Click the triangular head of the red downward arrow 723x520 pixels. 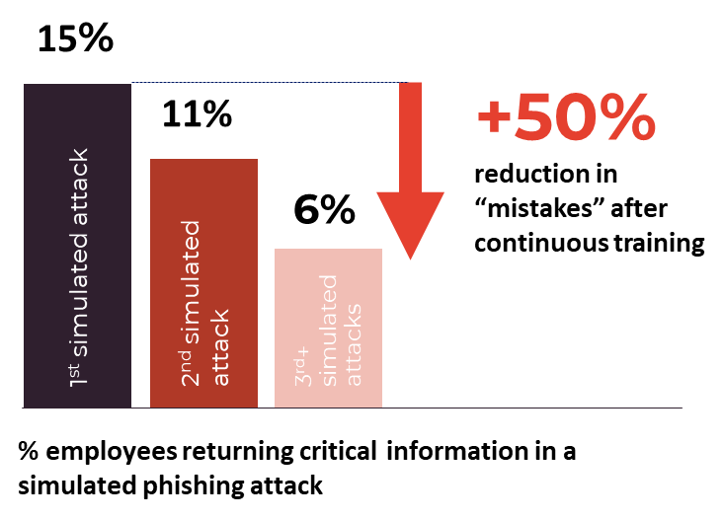pyautogui.click(x=410, y=222)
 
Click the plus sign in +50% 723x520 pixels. pyautogui.click(x=494, y=118)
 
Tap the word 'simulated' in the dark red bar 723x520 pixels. pyautogui.click(x=192, y=281)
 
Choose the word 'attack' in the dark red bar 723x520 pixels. pyautogui.click(x=220, y=348)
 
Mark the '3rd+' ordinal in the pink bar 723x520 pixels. pyautogui.click(x=304, y=365)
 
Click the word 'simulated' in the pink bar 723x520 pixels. pyautogui.click(x=330, y=330)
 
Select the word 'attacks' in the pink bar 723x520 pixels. pyautogui.click(x=355, y=345)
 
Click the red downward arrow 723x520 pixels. pyautogui.click(x=410, y=173)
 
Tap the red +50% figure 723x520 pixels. pyautogui.click(x=566, y=119)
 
